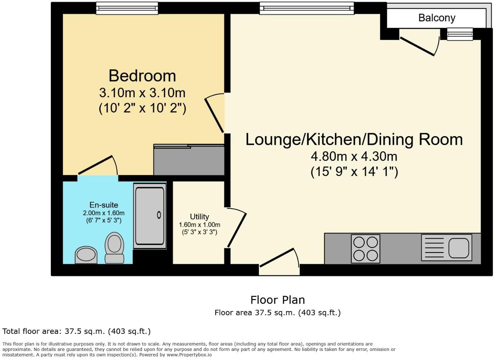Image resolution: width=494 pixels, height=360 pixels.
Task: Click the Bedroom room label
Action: tap(142, 76)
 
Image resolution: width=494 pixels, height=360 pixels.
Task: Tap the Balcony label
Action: tap(436, 18)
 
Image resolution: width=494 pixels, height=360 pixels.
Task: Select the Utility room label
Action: tap(199, 217)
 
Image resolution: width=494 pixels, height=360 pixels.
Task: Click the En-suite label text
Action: tap(104, 205)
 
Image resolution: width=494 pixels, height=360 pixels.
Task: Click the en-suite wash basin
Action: tap(86, 254)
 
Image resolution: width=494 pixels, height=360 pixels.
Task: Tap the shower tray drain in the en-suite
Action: tap(159, 215)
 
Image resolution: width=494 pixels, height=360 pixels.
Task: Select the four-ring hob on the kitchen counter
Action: tap(365, 249)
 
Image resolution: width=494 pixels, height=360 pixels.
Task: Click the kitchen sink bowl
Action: tap(458, 248)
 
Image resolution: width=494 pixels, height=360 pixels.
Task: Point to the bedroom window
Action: tap(127, 8)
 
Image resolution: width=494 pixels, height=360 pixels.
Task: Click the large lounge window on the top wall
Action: tap(307, 8)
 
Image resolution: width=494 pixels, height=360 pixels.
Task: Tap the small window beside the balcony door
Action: tap(460, 34)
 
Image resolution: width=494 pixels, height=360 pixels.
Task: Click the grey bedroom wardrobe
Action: tap(189, 160)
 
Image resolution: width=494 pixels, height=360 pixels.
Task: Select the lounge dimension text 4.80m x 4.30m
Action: tap(354, 156)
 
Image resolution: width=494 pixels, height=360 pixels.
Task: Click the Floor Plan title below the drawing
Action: tap(278, 300)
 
